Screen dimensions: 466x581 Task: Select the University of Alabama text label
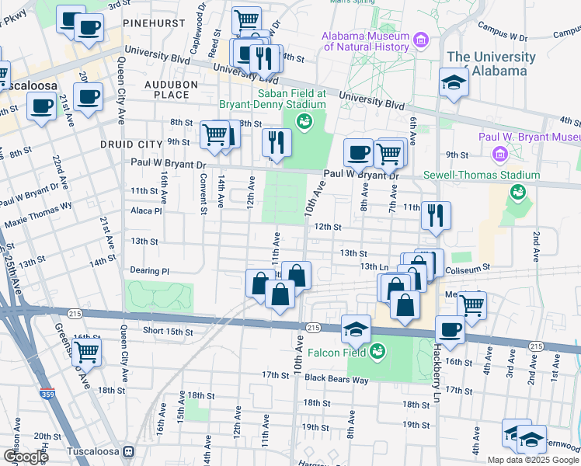click(x=491, y=64)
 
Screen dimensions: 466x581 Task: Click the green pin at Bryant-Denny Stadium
click(x=304, y=121)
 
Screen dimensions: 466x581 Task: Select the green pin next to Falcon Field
click(x=377, y=351)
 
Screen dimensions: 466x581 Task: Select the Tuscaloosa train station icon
click(x=129, y=450)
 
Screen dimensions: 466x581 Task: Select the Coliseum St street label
click(x=467, y=266)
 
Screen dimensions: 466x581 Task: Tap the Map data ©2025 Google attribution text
click(x=533, y=460)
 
